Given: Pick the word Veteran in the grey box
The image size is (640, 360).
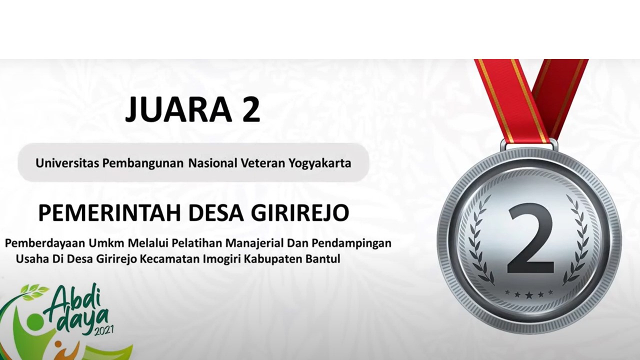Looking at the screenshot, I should coord(264,163).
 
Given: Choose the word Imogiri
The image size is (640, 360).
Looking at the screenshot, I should coord(221,259).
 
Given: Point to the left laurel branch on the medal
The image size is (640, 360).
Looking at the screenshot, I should coord(480,240).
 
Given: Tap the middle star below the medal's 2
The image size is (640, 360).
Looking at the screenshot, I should coord(529,295).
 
